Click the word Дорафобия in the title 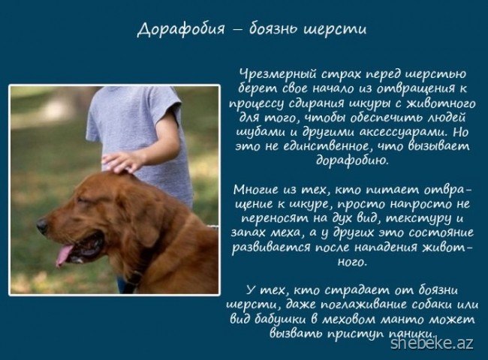[x=181, y=29]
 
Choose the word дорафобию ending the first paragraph [x=352, y=160]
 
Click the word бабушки [x=283, y=319]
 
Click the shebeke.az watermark [x=432, y=343]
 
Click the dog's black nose [x=42, y=225]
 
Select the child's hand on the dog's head [x=122, y=162]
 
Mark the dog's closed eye [x=83, y=200]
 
